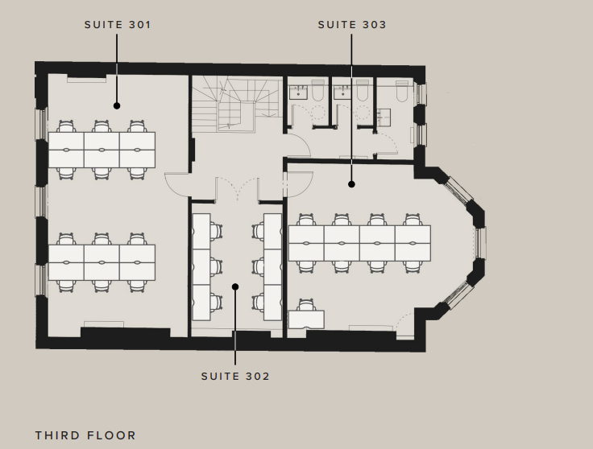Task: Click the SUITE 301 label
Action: pyautogui.click(x=118, y=25)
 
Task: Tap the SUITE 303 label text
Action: pyautogui.click(x=352, y=25)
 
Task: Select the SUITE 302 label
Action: pyautogui.click(x=235, y=377)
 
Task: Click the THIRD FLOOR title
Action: pyautogui.click(x=85, y=435)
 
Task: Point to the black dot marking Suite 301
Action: pyautogui.click(x=117, y=106)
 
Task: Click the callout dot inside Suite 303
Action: pyautogui.click(x=351, y=184)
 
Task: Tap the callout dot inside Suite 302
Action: pyautogui.click(x=235, y=287)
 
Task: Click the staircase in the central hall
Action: pyautogui.click(x=237, y=104)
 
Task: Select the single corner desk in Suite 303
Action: pyautogui.click(x=306, y=319)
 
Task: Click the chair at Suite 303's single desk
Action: pyautogui.click(x=307, y=304)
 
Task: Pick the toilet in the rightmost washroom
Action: pyautogui.click(x=401, y=91)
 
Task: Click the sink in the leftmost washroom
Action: pyautogui.click(x=298, y=93)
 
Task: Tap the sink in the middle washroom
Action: pyautogui.click(x=342, y=93)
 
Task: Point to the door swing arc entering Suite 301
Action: pyautogui.click(x=177, y=185)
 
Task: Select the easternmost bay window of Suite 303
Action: pyautogui.click(x=480, y=242)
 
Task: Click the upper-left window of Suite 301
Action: pyautogui.click(x=42, y=124)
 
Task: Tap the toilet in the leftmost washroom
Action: pyautogui.click(x=317, y=91)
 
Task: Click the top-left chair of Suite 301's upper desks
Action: pyautogui.click(x=66, y=126)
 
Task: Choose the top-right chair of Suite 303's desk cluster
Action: pyautogui.click(x=413, y=220)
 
